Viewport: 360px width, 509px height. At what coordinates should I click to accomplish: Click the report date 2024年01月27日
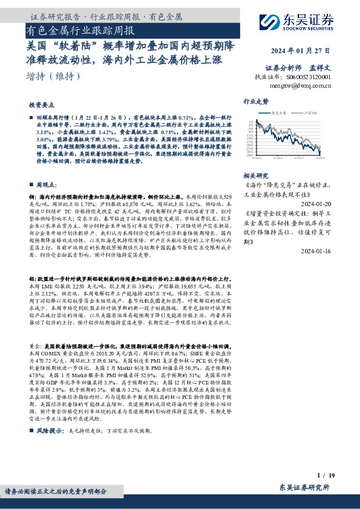(300, 51)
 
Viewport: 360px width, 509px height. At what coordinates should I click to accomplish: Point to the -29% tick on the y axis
(250, 156)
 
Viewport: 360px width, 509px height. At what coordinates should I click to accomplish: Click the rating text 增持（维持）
(54, 76)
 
